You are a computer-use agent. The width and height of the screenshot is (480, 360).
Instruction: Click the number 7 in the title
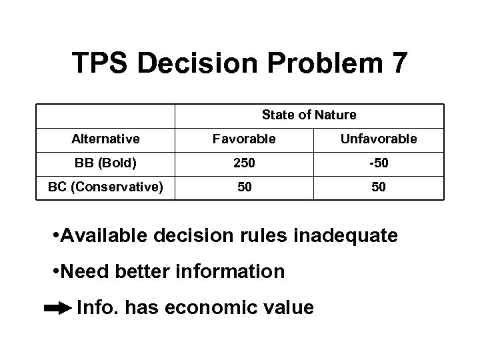396,63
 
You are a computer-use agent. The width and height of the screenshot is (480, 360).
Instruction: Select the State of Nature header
309,115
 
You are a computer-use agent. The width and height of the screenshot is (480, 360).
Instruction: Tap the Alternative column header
105,139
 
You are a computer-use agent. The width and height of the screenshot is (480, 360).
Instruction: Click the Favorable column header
244,139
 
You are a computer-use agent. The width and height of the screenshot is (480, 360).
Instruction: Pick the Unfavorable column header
379,139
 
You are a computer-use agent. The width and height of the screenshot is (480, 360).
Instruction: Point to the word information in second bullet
229,272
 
